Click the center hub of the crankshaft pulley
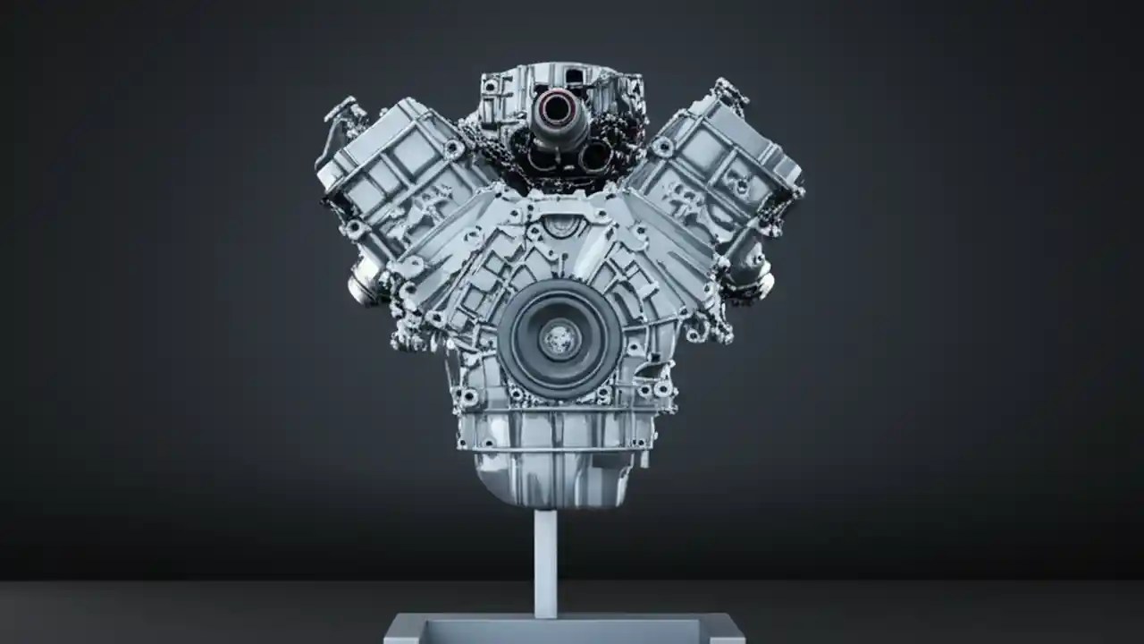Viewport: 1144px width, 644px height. [x=560, y=340]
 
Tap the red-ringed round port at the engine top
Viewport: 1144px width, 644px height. [x=558, y=110]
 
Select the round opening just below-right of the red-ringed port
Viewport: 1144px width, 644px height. [x=593, y=158]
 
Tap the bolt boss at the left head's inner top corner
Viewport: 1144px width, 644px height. [x=453, y=148]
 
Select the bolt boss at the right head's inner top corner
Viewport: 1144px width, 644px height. [x=663, y=146]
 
